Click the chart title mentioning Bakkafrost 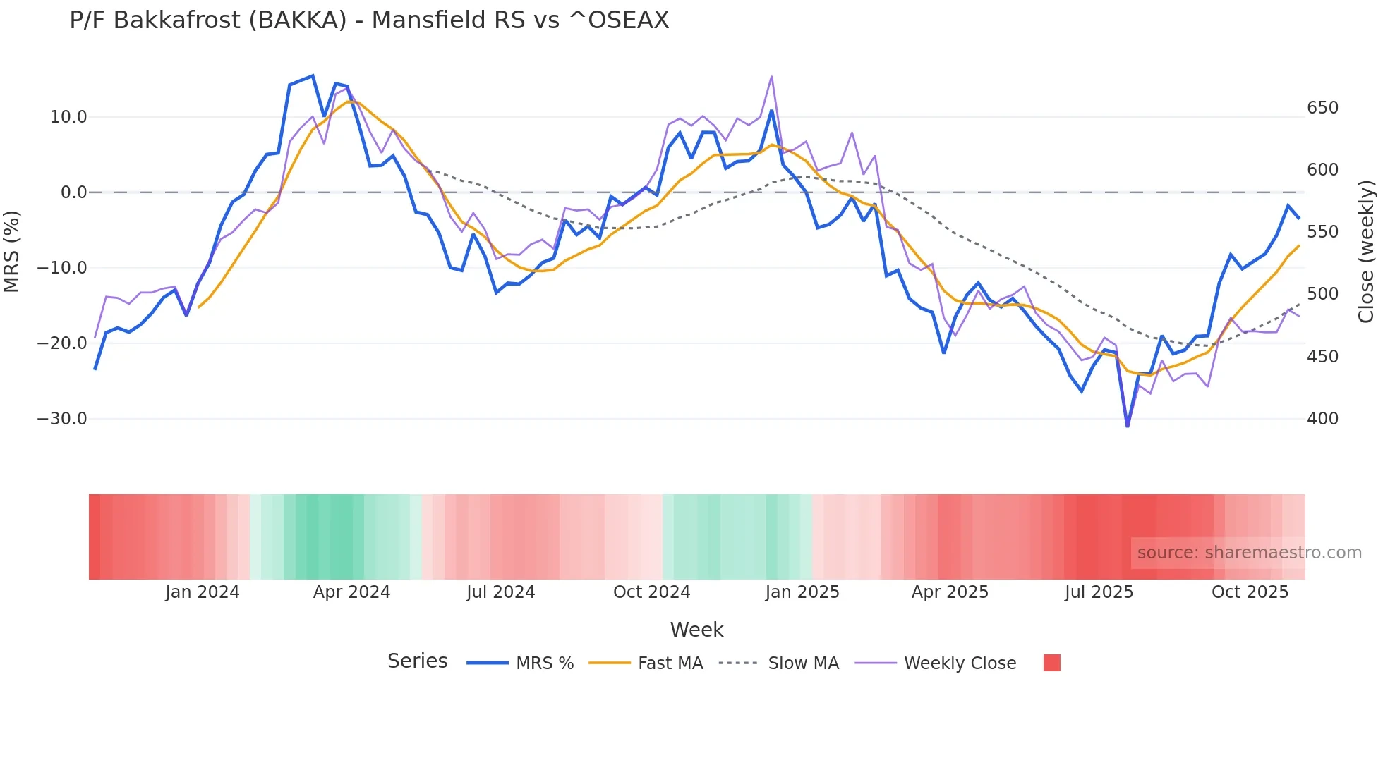pyautogui.click(x=369, y=20)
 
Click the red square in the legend pyautogui.click(x=1051, y=663)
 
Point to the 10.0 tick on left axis pyautogui.click(x=68, y=117)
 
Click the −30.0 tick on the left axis pyautogui.click(x=62, y=419)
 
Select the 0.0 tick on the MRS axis pyautogui.click(x=73, y=192)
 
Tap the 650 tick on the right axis pyautogui.click(x=1322, y=108)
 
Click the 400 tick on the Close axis pyautogui.click(x=1322, y=419)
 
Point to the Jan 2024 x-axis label pyautogui.click(x=203, y=592)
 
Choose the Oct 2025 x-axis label pyautogui.click(x=1250, y=592)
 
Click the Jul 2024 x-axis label pyautogui.click(x=500, y=592)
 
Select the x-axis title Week pyautogui.click(x=696, y=630)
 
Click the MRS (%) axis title pyautogui.click(x=12, y=251)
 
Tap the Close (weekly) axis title pyautogui.click(x=1366, y=251)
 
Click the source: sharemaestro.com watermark pyautogui.click(x=1249, y=553)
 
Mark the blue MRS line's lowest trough pyautogui.click(x=1127, y=426)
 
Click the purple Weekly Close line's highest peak pyautogui.click(x=771, y=76)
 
